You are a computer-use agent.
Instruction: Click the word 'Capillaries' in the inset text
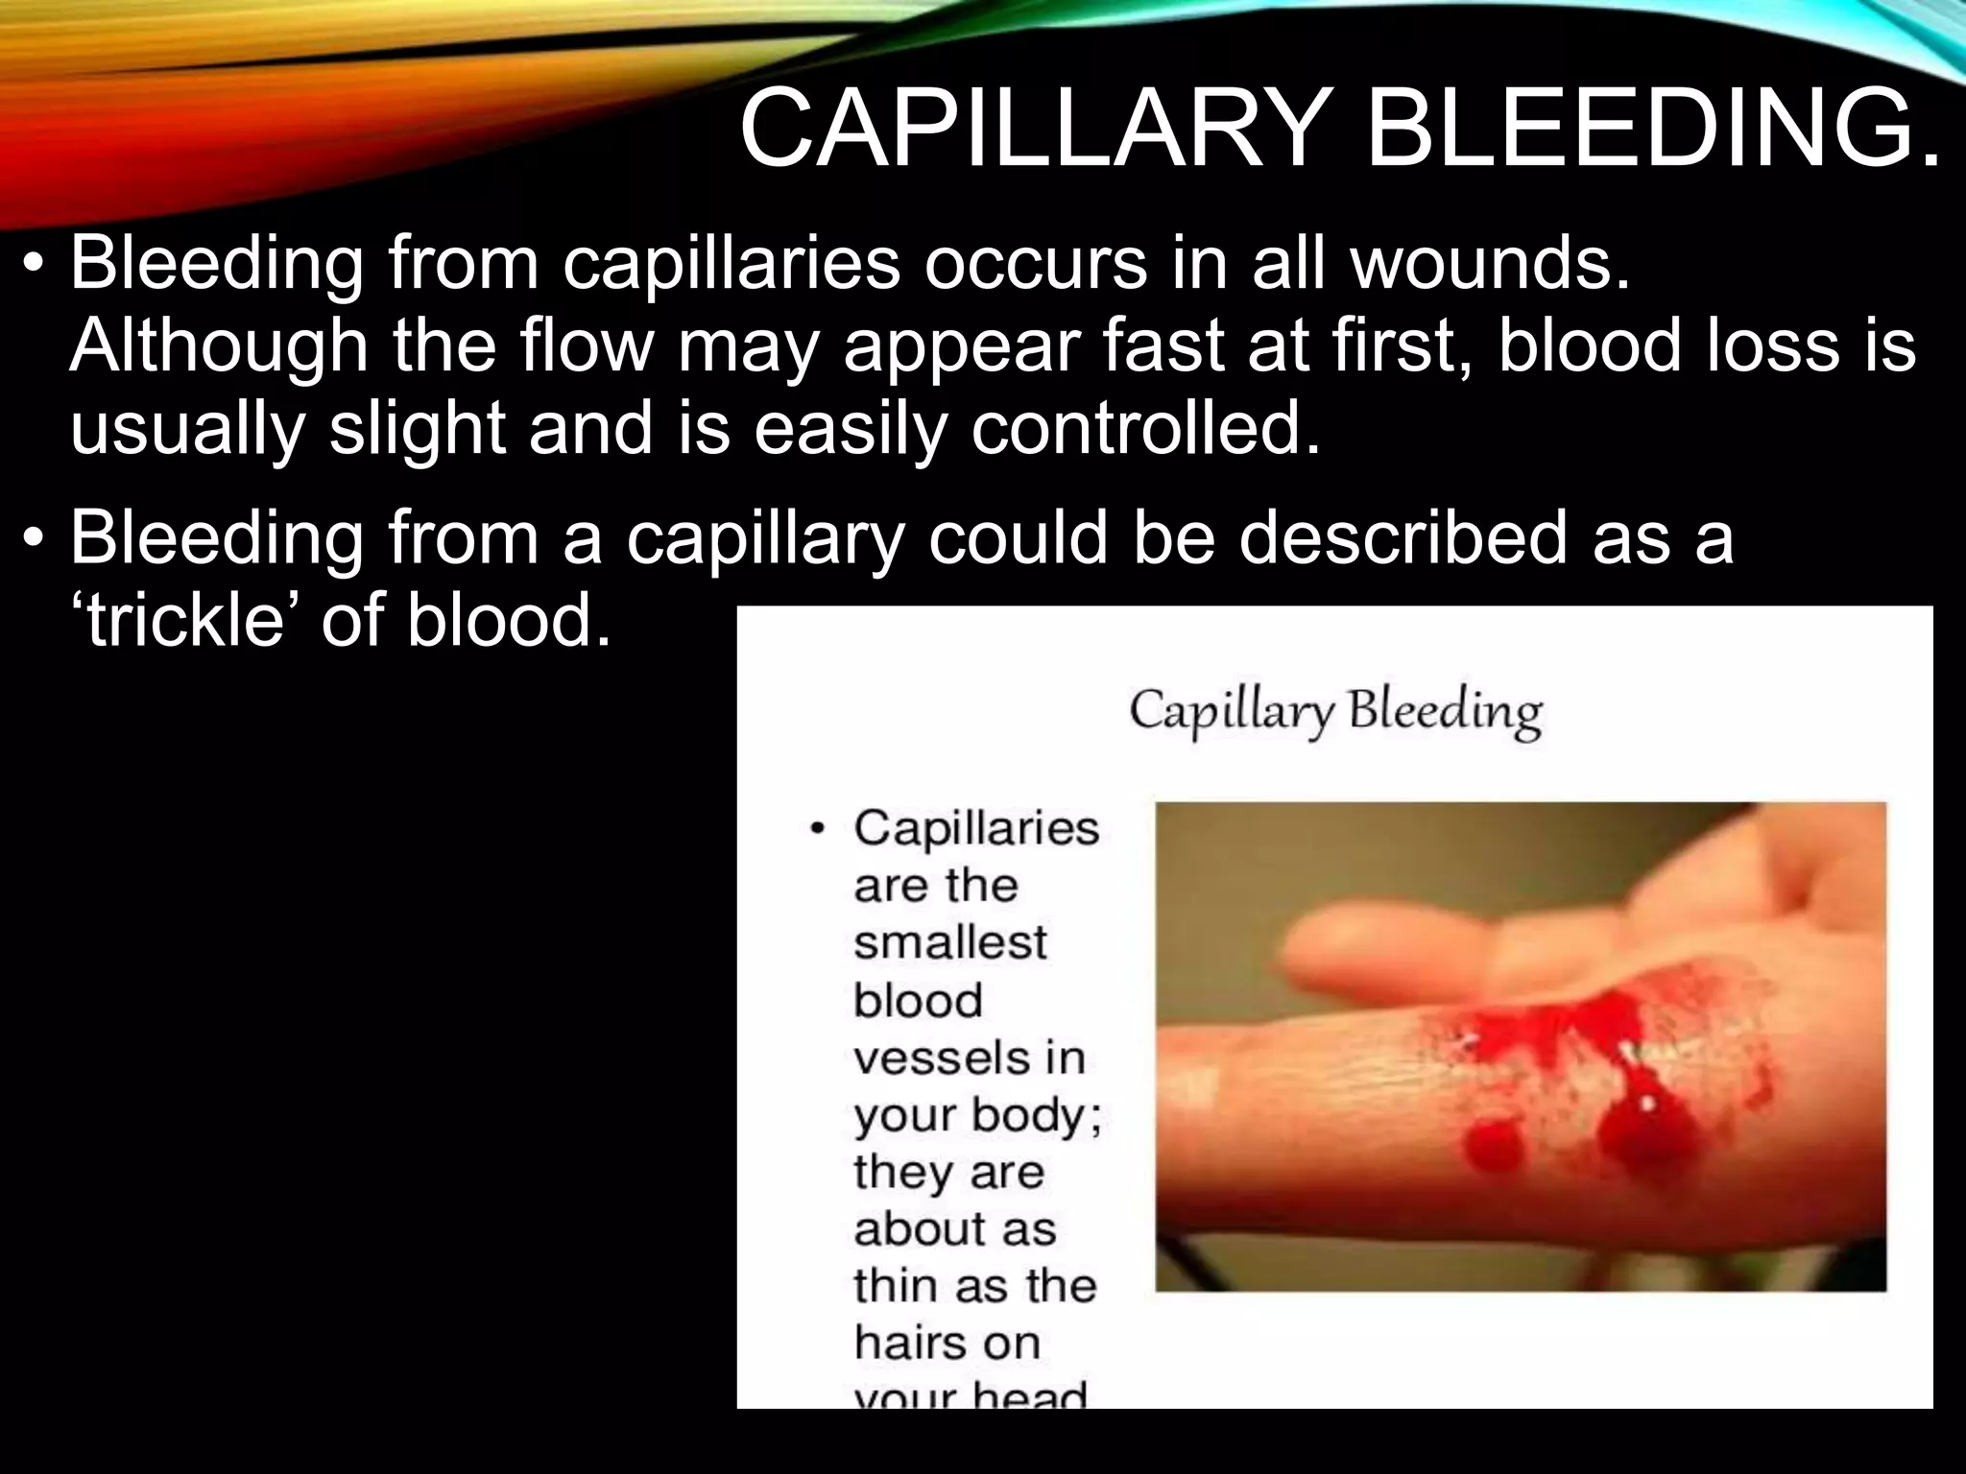pos(976,828)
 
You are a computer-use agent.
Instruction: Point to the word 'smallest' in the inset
pos(949,942)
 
